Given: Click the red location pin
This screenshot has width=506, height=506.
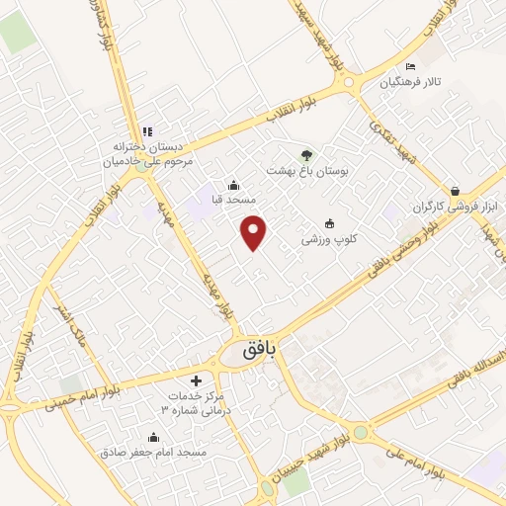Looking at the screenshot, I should [x=255, y=231].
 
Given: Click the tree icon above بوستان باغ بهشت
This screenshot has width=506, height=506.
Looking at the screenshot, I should [x=305, y=154].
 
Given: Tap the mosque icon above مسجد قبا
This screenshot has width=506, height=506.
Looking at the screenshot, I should [x=232, y=184].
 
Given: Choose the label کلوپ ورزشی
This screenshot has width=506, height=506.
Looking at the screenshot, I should [x=329, y=240].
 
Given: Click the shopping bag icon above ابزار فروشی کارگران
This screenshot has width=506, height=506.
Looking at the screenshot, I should [x=454, y=191].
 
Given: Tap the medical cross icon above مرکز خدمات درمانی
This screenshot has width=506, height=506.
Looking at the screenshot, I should [x=196, y=379].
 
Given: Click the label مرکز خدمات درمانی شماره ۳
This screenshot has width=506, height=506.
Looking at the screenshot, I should [x=195, y=402].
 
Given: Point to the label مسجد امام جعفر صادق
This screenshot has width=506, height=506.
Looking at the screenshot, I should [x=152, y=452].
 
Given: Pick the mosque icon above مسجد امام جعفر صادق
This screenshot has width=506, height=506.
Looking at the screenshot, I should [x=152, y=437].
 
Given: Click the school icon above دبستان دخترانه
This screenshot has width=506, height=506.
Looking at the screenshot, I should [x=146, y=130].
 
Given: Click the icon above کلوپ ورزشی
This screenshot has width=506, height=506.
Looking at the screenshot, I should [x=329, y=224].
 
